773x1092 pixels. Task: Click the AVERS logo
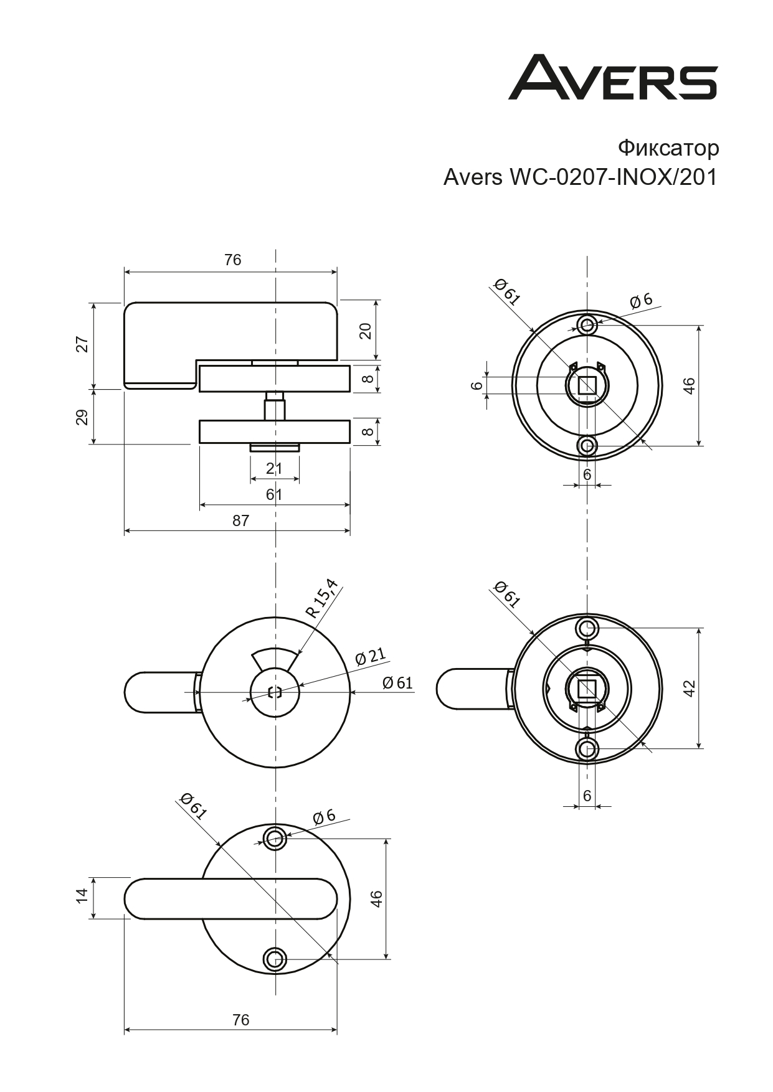pyautogui.click(x=613, y=78)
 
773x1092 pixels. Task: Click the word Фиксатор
pyautogui.click(x=668, y=148)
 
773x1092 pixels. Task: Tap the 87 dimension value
pyautogui.click(x=240, y=520)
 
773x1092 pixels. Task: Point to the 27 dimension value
pyautogui.click(x=82, y=344)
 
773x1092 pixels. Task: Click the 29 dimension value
pyautogui.click(x=82, y=417)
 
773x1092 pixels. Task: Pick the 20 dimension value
pyautogui.click(x=366, y=330)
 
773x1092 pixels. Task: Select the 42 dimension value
pyautogui.click(x=689, y=688)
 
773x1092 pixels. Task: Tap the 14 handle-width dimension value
pyautogui.click(x=82, y=897)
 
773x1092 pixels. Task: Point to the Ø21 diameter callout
pyautogui.click(x=370, y=656)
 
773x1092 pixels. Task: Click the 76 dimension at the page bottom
pyautogui.click(x=240, y=1020)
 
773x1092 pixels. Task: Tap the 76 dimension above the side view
pyautogui.click(x=232, y=260)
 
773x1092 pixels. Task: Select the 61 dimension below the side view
pyautogui.click(x=274, y=494)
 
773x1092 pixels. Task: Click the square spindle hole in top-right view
pyautogui.click(x=587, y=386)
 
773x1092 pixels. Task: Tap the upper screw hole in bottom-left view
pyautogui.click(x=275, y=838)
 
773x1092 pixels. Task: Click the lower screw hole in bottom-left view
pyautogui.click(x=275, y=959)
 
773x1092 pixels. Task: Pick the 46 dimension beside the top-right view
pyautogui.click(x=689, y=385)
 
